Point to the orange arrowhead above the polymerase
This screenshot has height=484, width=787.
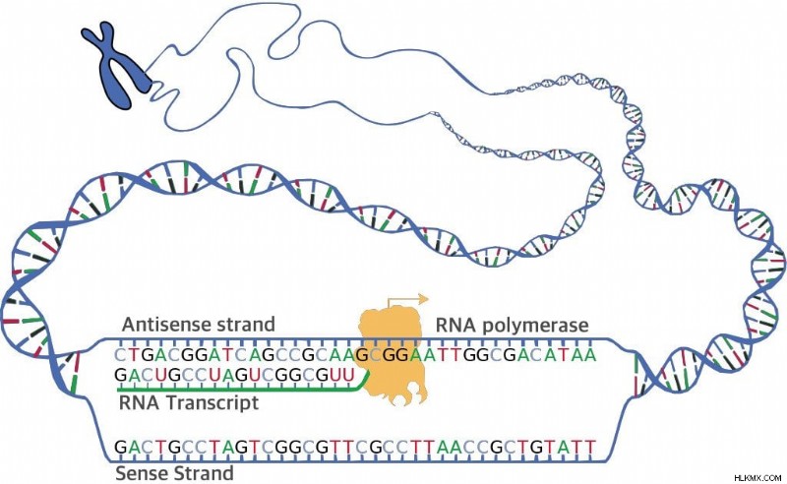coord(424,299)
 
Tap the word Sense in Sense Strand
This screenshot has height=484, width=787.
coord(142,473)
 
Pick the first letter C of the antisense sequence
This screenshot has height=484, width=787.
coord(119,355)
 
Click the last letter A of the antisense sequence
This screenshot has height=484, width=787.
coord(590,355)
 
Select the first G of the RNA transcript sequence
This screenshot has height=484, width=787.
coord(120,375)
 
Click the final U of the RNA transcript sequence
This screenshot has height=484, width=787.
coord(349,375)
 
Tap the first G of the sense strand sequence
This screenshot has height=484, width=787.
coord(121,447)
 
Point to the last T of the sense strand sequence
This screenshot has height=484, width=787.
coord(590,447)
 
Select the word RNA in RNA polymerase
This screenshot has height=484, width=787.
coord(455,325)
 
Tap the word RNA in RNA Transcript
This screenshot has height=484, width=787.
coord(139,402)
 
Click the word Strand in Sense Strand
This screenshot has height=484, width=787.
coord(204,473)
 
